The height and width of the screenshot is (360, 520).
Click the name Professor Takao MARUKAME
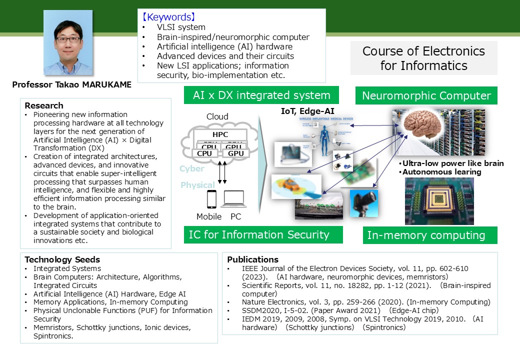[x=71, y=84]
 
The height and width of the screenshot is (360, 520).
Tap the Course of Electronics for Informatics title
[x=423, y=58]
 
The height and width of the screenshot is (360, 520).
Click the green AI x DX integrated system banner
[x=261, y=95]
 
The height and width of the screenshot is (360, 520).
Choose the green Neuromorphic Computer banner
[x=426, y=96]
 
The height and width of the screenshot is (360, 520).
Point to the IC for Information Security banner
[x=258, y=234]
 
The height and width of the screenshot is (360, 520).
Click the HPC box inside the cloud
[x=220, y=135]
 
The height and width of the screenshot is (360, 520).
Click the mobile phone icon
[x=211, y=199]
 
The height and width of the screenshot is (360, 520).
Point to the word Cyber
[x=192, y=169]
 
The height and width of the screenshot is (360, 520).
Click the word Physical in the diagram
[x=197, y=185]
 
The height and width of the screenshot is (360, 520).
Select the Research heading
[x=44, y=105]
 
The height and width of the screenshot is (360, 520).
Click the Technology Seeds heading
[x=62, y=259]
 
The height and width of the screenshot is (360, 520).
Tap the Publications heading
[x=252, y=259]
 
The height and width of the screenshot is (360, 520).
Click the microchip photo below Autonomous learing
[x=439, y=201]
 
